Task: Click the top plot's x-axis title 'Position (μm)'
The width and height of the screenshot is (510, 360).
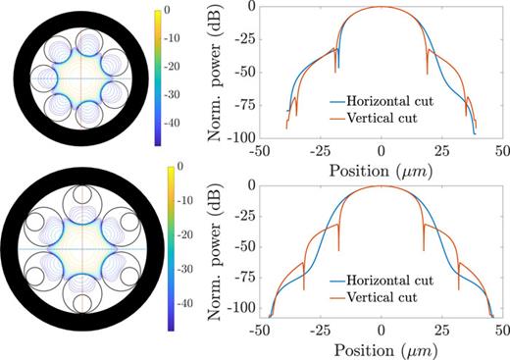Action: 382,167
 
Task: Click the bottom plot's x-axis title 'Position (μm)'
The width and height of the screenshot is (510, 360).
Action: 382,350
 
